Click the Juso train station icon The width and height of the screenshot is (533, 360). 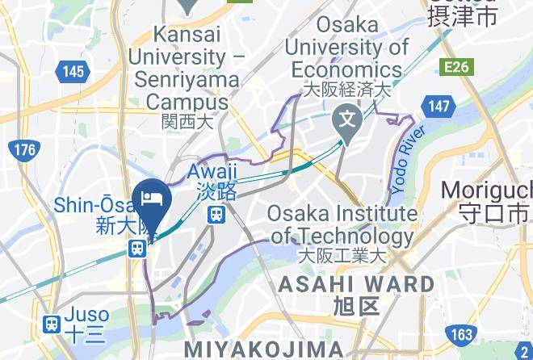[x=52, y=324]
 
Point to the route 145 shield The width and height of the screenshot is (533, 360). [x=73, y=72]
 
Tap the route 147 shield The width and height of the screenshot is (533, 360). [x=439, y=106]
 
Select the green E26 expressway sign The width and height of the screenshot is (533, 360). [x=455, y=66]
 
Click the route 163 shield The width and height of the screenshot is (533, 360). [x=461, y=333]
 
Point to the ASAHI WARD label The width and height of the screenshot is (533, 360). [x=355, y=284]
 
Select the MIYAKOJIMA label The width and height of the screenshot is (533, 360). [x=264, y=349]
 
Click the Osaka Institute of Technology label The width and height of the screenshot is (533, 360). [x=343, y=225]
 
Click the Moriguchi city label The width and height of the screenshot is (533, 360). [x=487, y=191]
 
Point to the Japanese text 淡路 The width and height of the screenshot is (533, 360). [x=216, y=192]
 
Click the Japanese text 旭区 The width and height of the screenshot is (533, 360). [x=355, y=306]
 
